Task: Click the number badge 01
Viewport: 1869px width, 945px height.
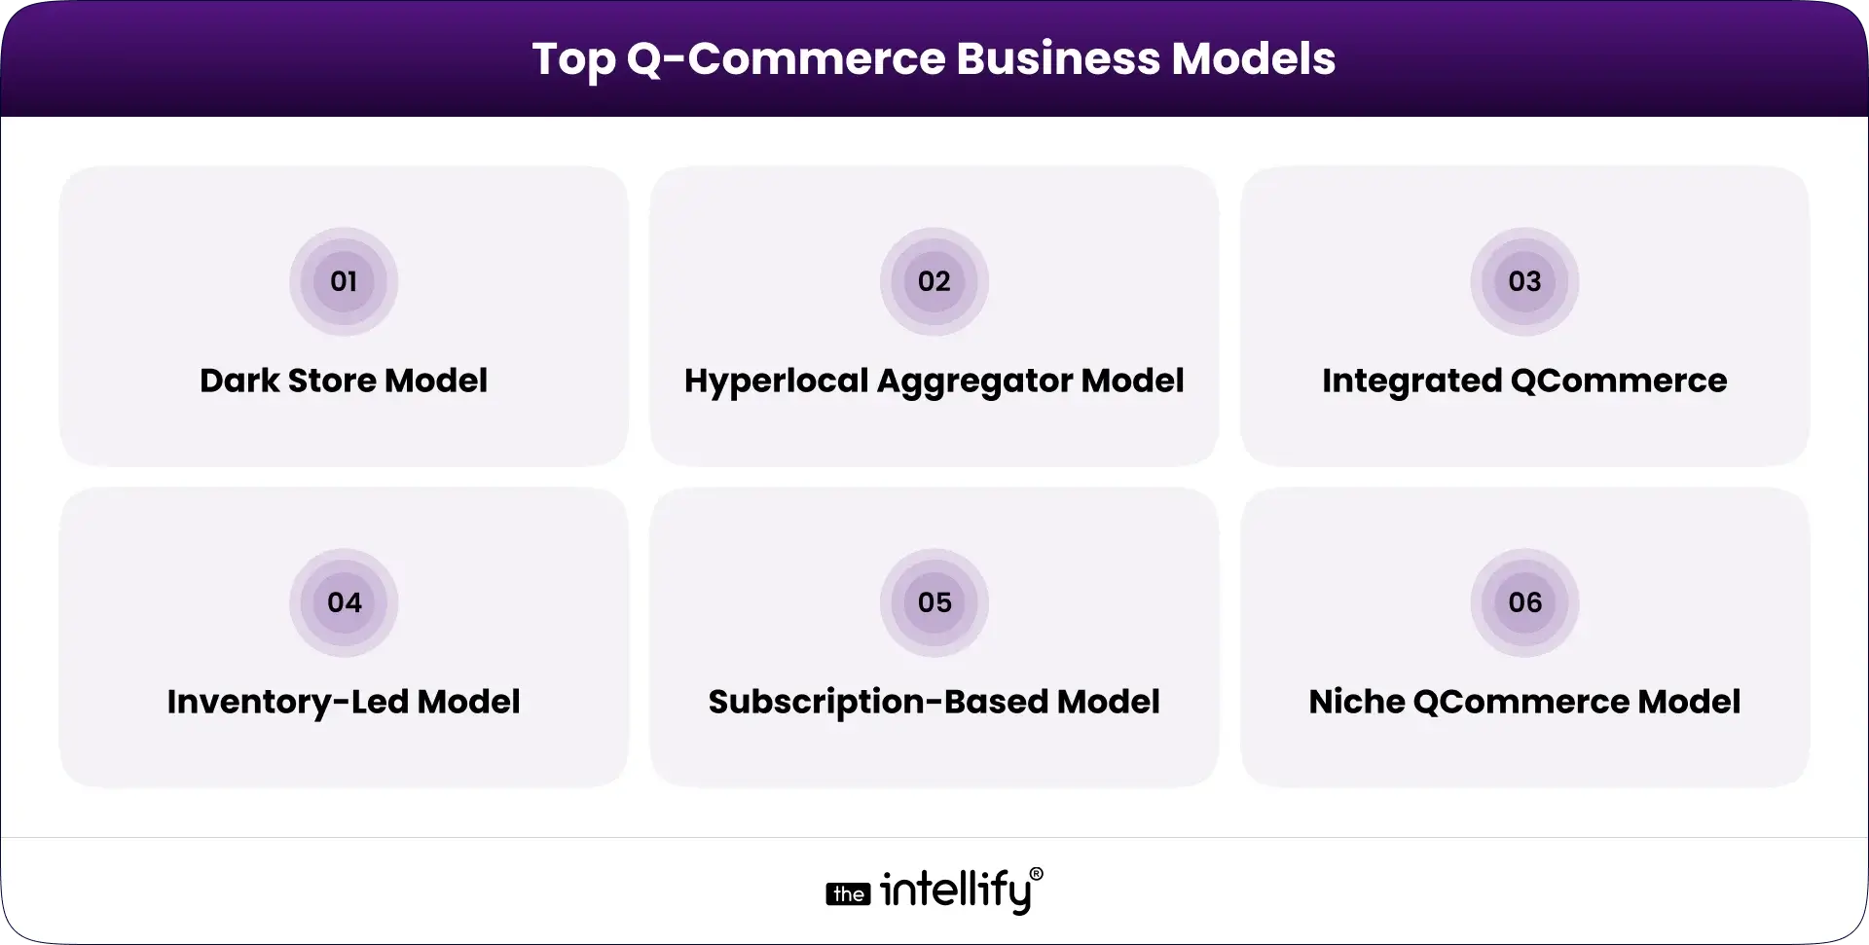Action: [344, 282]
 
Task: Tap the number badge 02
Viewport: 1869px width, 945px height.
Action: [934, 282]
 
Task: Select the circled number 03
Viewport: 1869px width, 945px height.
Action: [1524, 282]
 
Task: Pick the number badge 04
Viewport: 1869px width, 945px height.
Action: [344, 602]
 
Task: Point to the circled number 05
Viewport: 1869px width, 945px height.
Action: [934, 602]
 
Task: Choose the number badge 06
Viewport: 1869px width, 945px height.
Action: [1524, 602]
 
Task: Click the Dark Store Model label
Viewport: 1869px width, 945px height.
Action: [344, 381]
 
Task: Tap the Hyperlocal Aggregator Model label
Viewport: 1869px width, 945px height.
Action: [934, 381]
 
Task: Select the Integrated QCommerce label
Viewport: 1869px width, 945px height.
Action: [1524, 381]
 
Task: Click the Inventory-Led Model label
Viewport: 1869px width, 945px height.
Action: [344, 702]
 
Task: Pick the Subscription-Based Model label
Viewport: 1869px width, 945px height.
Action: [934, 702]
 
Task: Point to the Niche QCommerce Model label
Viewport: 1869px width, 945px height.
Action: [1524, 702]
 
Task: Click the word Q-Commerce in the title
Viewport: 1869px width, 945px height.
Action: [787, 58]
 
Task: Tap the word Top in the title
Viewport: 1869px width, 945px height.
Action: [573, 60]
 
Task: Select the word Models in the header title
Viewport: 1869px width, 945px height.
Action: [1254, 58]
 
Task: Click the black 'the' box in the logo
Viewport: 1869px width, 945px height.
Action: [849, 894]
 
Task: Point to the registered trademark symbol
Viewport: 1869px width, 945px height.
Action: [1036, 874]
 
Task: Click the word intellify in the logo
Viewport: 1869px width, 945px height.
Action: [955, 891]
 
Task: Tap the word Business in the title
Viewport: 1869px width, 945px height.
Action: [1058, 58]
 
